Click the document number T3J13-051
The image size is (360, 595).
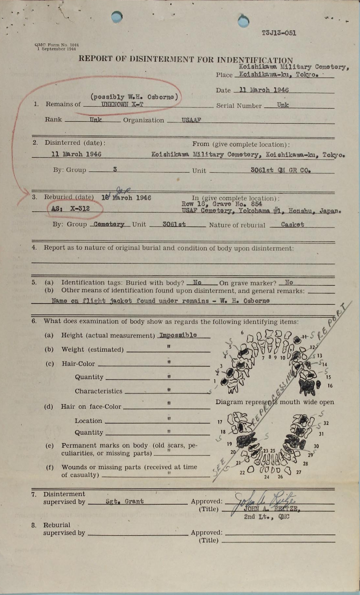[279, 33]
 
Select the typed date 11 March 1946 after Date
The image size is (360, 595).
[264, 90]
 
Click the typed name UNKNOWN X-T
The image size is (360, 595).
[122, 104]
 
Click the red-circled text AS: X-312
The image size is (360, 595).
[71, 209]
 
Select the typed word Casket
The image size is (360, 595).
[292, 224]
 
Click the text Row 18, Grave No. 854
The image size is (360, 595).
[222, 204]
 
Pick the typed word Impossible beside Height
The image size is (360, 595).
[178, 335]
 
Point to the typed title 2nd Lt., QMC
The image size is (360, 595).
[266, 517]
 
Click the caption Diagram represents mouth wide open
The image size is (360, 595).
[274, 402]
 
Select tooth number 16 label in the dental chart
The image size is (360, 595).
[330, 386]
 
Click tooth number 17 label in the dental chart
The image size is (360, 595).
[220, 422]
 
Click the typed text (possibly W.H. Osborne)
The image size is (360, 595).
[134, 97]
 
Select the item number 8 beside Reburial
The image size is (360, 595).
[34, 525]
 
